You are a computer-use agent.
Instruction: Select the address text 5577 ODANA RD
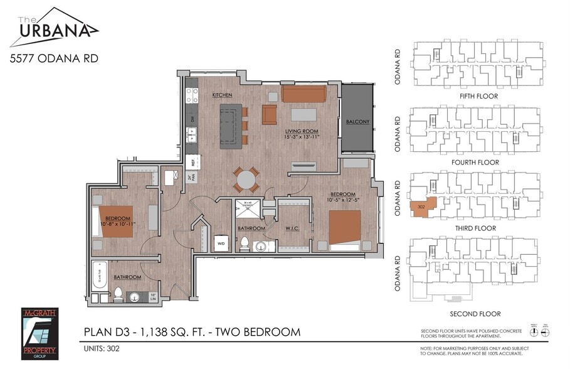(x=53, y=60)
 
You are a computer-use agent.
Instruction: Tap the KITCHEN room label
(x=222, y=95)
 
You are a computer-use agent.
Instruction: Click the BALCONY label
(x=357, y=122)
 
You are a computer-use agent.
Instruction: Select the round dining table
(x=246, y=180)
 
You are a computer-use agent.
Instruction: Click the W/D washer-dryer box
(x=221, y=243)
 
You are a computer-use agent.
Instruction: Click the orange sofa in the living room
(x=303, y=94)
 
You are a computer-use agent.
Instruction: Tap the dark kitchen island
(x=230, y=126)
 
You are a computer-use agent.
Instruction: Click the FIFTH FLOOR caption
(x=475, y=97)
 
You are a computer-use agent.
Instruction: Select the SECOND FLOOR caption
(x=475, y=314)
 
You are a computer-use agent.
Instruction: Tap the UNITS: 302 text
(x=102, y=348)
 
